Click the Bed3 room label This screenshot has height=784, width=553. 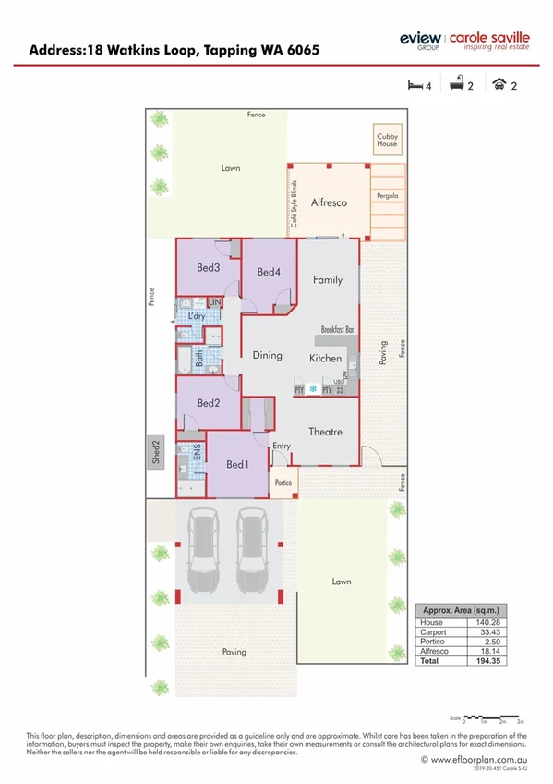pyautogui.click(x=208, y=268)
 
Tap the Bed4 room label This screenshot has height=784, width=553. pyautogui.click(x=268, y=272)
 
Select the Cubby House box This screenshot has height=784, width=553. pyautogui.click(x=387, y=141)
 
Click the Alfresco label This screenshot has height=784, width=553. pyautogui.click(x=328, y=202)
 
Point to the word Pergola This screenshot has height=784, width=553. pyautogui.click(x=387, y=197)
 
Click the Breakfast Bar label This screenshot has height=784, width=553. pyautogui.click(x=339, y=329)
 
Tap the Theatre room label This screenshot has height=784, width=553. pyautogui.click(x=325, y=432)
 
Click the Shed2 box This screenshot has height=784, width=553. pyautogui.click(x=156, y=452)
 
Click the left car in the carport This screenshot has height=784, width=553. pyautogui.click(x=204, y=552)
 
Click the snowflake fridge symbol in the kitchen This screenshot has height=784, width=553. pyautogui.click(x=313, y=389)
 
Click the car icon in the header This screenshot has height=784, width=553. pyautogui.click(x=499, y=86)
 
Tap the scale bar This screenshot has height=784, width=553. pyautogui.click(x=493, y=717)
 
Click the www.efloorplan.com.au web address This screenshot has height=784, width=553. pyautogui.click(x=479, y=759)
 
